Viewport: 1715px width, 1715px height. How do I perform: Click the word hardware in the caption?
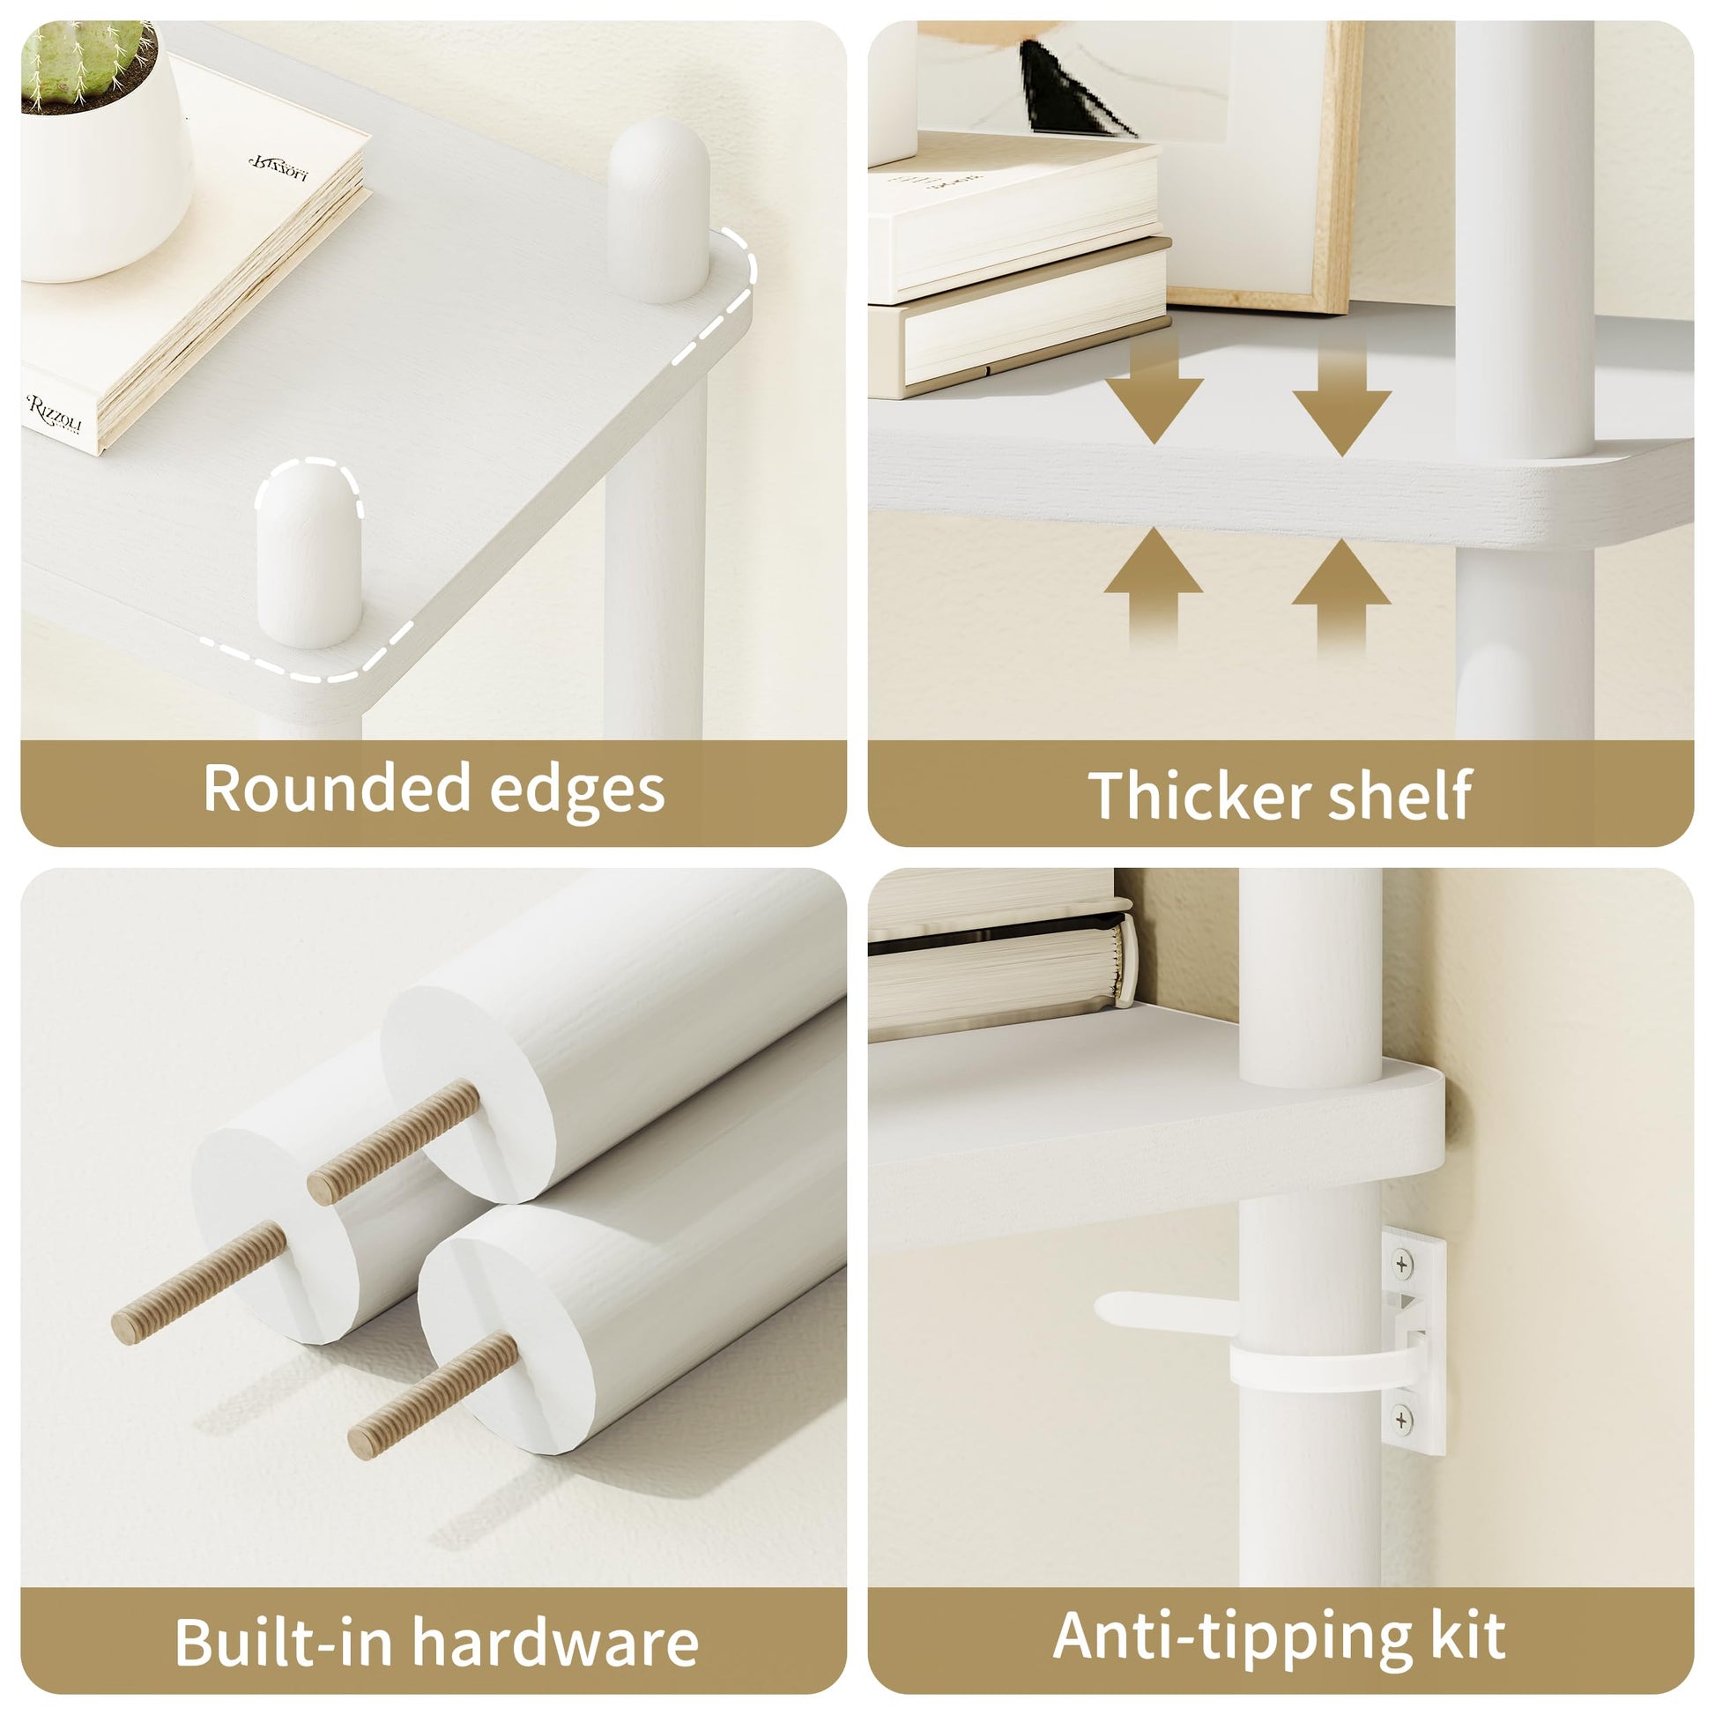pos(557,1642)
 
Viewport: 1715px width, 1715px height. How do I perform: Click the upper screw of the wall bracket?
pos(1402,1263)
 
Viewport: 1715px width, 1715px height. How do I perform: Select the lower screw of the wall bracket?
pos(1402,1420)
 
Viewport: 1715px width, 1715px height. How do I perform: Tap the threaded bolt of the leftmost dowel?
pos(199,1281)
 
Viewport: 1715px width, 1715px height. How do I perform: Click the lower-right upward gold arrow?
pos(1341,597)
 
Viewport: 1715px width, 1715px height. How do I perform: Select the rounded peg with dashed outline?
pos(309,553)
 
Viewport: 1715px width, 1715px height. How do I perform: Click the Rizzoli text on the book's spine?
pos(54,415)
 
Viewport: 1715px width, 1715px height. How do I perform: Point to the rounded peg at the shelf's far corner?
pos(658,212)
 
